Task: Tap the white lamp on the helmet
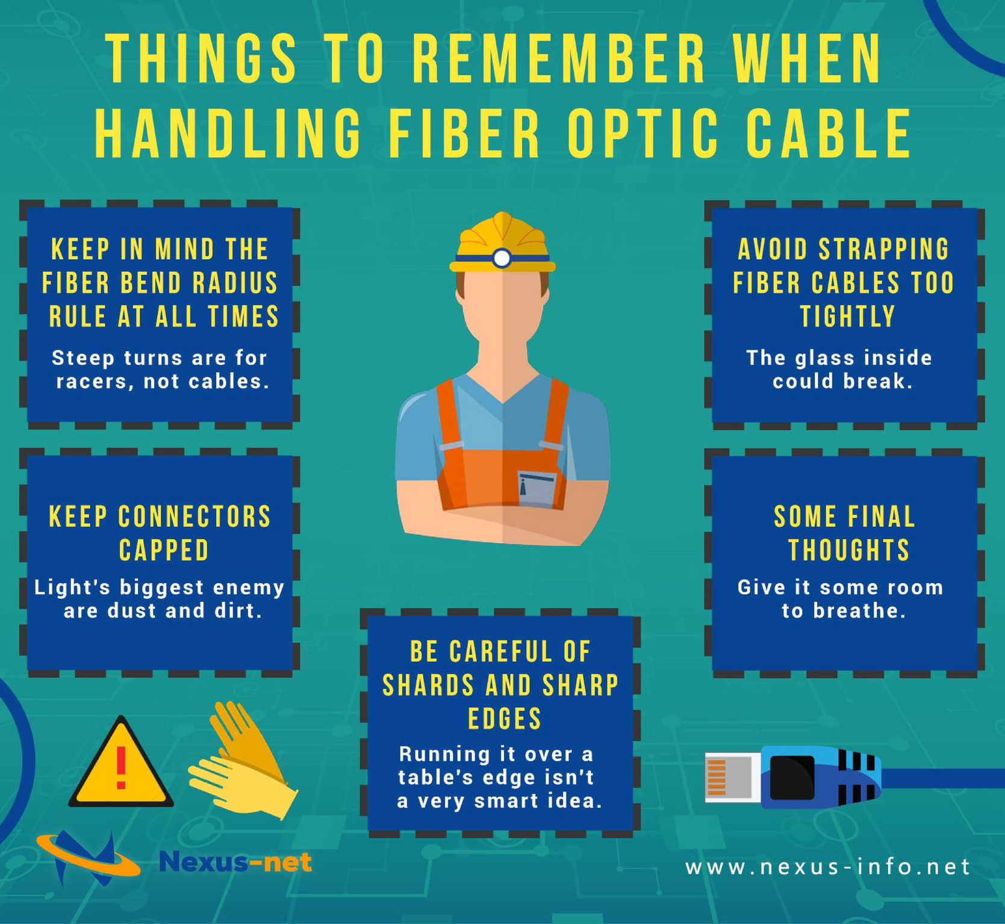(x=502, y=258)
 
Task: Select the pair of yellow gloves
(x=244, y=760)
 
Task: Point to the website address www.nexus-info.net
(x=827, y=867)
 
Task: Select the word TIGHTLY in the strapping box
(x=847, y=316)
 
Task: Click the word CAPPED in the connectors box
(x=163, y=550)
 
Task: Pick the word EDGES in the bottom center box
(x=505, y=719)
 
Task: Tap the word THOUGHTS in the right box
(x=848, y=550)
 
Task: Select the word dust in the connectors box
(x=133, y=611)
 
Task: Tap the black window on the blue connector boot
(x=791, y=776)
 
